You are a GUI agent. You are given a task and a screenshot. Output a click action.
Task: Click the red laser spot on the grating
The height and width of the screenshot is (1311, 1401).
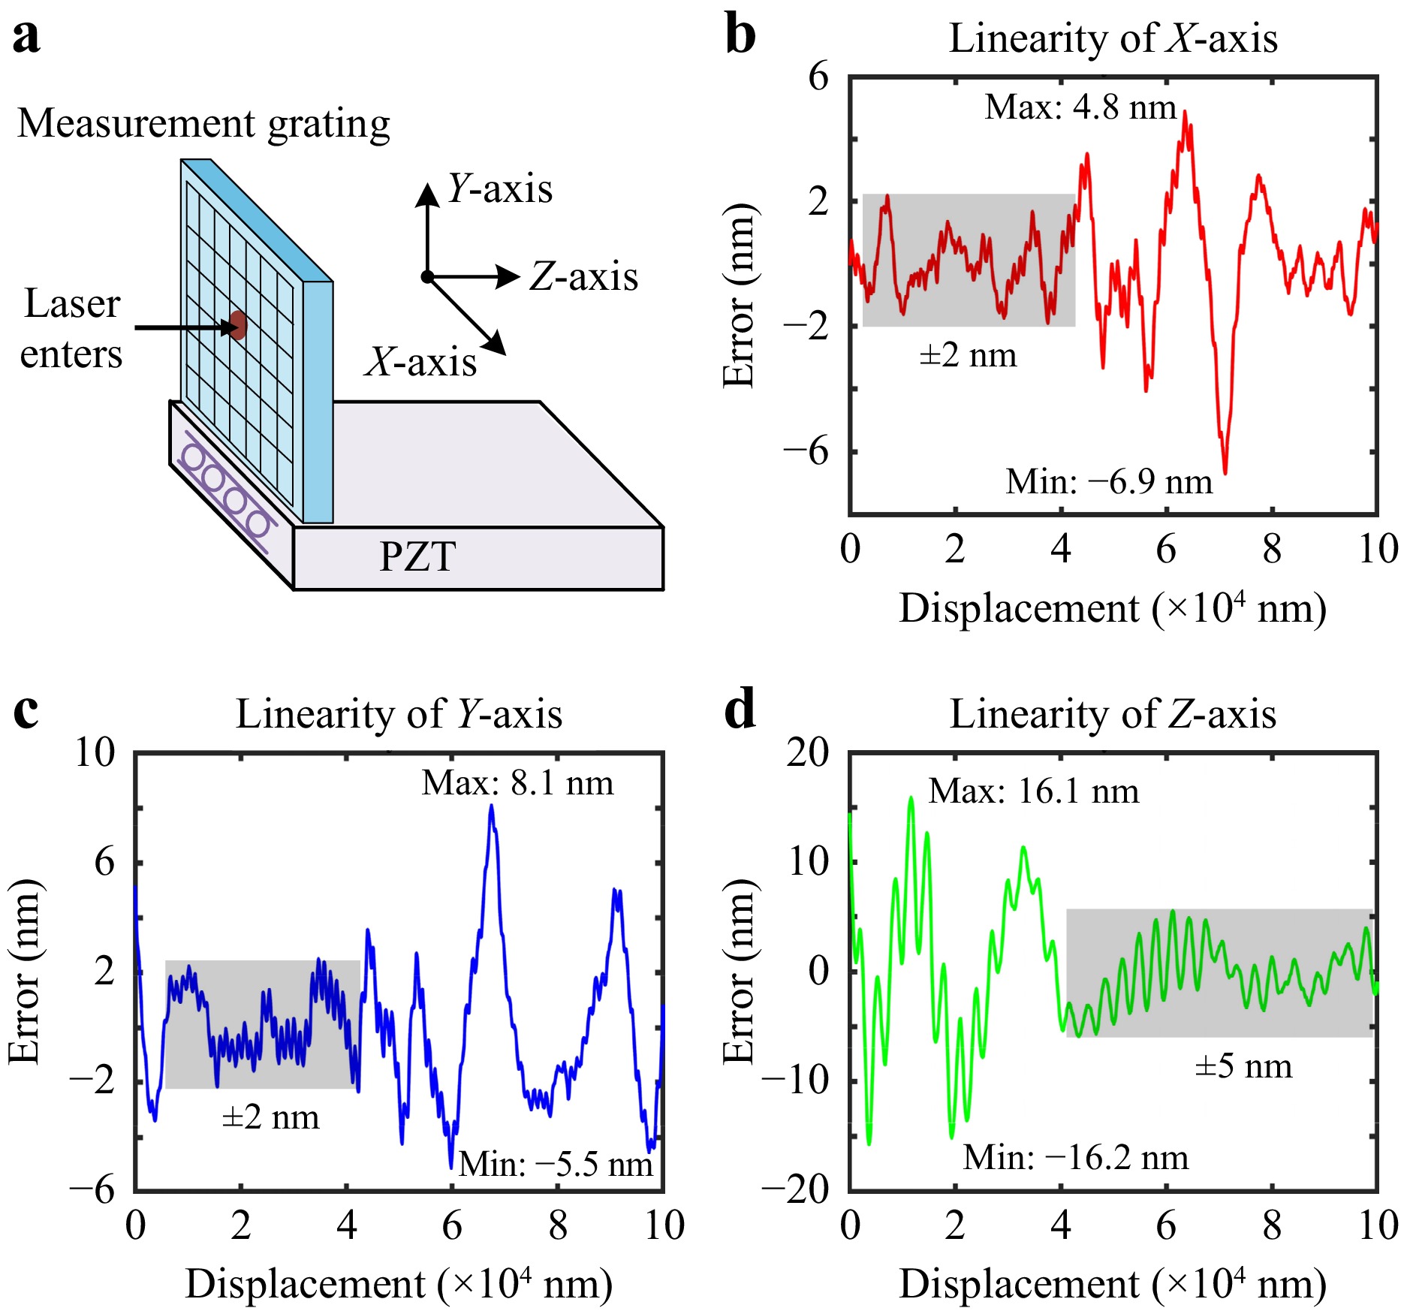tap(238, 325)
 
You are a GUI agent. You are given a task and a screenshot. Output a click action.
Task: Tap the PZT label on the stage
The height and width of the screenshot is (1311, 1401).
tap(417, 557)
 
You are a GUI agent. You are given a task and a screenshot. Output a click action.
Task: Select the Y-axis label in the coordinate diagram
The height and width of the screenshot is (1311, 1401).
tap(499, 188)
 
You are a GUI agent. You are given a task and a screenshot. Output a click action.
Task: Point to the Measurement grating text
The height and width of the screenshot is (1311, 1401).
tap(203, 123)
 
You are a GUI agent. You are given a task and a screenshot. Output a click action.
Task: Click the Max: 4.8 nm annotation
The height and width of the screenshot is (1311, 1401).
tap(1080, 107)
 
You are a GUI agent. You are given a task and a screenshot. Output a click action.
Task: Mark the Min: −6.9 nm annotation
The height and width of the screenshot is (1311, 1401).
tap(1109, 482)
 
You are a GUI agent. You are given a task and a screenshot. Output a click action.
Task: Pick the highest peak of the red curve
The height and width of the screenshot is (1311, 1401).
tap(1185, 113)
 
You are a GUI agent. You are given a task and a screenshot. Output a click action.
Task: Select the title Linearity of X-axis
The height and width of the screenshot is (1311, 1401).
tap(1113, 38)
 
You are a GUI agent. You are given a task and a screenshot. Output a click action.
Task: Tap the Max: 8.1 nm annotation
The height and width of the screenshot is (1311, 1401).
tap(517, 783)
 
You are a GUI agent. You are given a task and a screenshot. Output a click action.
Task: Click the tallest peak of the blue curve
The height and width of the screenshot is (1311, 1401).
tap(492, 806)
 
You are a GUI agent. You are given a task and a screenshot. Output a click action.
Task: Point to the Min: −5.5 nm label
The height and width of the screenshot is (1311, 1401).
tap(556, 1165)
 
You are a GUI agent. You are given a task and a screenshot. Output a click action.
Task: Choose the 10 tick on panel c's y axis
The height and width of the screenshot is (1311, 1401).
tap(95, 752)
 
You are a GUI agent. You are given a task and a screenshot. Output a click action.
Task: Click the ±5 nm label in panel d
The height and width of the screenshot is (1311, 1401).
tap(1243, 1066)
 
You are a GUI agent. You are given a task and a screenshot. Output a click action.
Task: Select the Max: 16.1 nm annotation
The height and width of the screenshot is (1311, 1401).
tap(1033, 791)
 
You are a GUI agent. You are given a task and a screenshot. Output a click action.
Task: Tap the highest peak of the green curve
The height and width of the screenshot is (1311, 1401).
tap(911, 798)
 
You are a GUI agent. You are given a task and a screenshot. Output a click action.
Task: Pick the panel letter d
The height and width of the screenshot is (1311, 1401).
tap(740, 710)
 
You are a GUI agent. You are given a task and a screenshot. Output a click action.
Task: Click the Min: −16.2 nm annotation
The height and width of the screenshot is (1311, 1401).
tap(1075, 1158)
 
